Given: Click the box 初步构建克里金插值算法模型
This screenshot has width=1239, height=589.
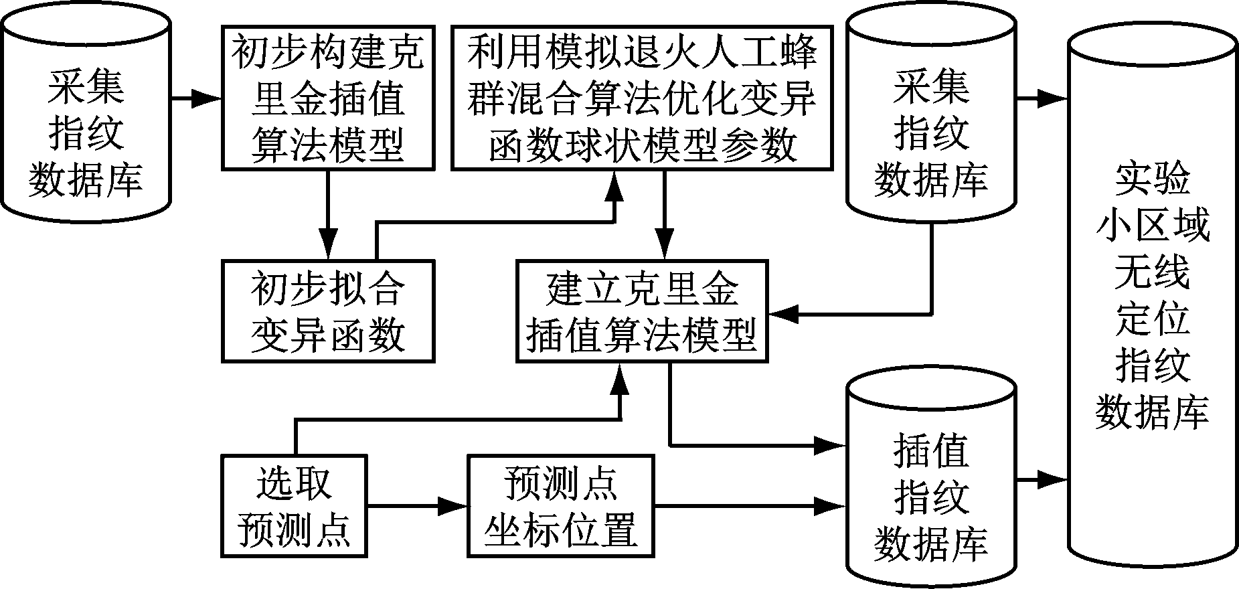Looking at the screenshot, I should [327, 97].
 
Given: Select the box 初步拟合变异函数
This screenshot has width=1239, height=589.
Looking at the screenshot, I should [327, 311].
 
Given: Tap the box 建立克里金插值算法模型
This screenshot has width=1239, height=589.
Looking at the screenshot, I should [642, 311].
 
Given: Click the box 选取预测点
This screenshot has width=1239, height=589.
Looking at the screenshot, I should [294, 506].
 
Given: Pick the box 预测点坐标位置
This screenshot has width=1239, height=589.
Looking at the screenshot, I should [560, 506].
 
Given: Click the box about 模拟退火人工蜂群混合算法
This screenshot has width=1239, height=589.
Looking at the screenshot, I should [642, 97].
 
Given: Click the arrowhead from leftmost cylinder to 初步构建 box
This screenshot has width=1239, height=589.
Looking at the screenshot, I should [208, 99].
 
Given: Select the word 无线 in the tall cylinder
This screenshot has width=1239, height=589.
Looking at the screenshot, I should [1151, 272].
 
